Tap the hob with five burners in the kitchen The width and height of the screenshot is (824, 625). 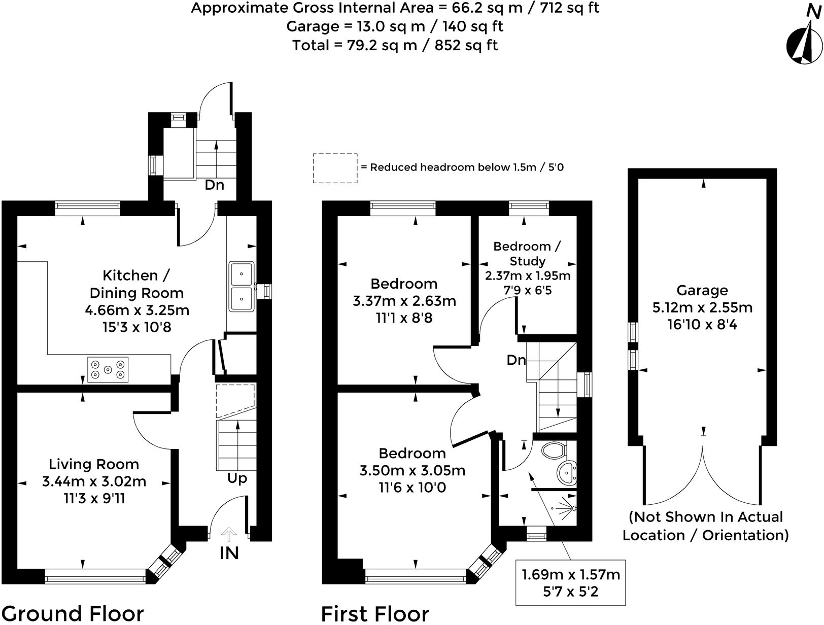point(108,369)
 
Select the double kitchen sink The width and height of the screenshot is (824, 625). point(241,286)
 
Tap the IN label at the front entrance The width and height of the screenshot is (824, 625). point(229,553)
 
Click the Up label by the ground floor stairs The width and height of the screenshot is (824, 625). point(237,478)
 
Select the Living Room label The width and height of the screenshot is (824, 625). point(94,464)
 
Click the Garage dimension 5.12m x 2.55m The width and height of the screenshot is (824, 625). point(702,307)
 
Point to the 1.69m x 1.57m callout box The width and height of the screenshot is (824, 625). point(571,583)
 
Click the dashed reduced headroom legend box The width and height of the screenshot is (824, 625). point(335,168)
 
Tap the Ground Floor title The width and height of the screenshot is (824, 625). point(73,613)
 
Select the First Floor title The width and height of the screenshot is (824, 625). point(375,613)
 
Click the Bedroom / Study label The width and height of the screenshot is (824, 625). point(527,254)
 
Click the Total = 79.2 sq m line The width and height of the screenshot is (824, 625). point(395,45)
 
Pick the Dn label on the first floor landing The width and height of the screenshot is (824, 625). point(516,360)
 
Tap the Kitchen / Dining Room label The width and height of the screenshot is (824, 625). point(136,284)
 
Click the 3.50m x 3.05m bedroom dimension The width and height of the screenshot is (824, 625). point(412,470)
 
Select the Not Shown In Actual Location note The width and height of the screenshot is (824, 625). point(705,526)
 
